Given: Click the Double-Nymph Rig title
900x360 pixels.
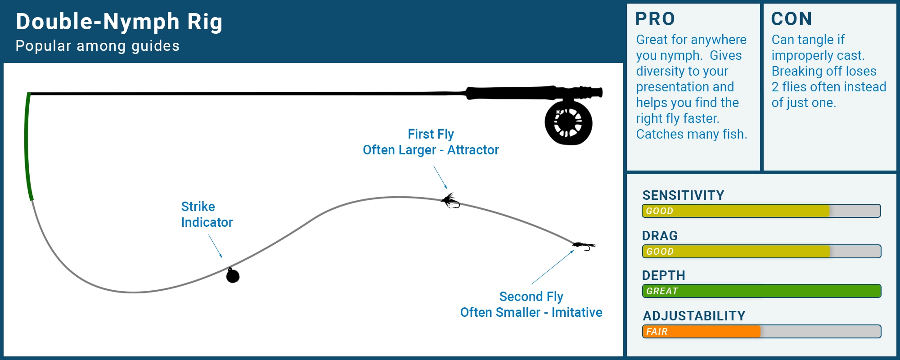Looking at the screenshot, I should pos(119,22).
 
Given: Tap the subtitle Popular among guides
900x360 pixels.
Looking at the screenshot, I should pos(97,46).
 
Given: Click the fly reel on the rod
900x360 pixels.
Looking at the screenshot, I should pos(568,122).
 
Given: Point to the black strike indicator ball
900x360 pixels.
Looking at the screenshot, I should pos(233,275).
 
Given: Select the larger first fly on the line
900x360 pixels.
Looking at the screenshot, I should pos(450,201).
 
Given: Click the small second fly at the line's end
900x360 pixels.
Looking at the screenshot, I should pos(584,245).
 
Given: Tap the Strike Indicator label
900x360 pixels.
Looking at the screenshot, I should pos(207,214).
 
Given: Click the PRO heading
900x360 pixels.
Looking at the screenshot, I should pos(655,19).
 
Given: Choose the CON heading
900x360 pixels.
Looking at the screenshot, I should pos(791,19).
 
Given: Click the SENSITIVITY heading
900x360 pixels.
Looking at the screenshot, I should pos(683,195).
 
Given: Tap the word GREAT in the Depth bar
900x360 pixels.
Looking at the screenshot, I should pos(662,291).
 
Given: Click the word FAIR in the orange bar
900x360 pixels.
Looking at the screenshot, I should pos(657,332).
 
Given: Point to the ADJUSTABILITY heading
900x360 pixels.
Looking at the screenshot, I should pos(694,316).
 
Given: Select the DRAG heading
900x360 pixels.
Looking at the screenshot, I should pos(660,236).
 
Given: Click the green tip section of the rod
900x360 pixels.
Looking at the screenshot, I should pos(27,144).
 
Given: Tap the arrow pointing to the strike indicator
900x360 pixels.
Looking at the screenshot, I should pos(215,246).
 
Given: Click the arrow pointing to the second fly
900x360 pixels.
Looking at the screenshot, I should pos(553,267).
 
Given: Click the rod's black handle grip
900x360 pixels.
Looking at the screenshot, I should pos(513,93).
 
